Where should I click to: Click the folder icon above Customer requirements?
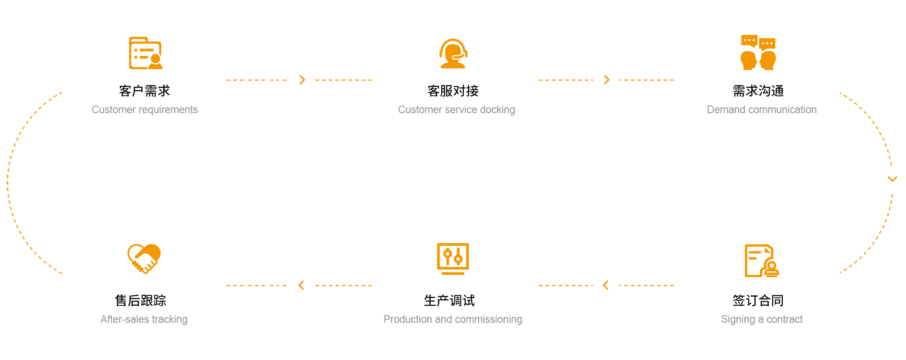click(x=145, y=53)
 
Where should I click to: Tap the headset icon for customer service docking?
click(x=453, y=53)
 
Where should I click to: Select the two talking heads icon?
click(x=758, y=53)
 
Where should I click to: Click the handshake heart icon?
click(x=144, y=259)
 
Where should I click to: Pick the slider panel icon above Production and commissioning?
click(x=453, y=259)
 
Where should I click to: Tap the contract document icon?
click(x=761, y=260)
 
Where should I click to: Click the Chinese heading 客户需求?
click(x=145, y=91)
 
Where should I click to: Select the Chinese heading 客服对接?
click(x=453, y=91)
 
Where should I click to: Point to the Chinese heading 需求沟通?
click(x=758, y=91)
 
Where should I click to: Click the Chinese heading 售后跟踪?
click(x=141, y=301)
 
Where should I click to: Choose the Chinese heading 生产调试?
click(x=449, y=301)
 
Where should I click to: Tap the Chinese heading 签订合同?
click(x=758, y=301)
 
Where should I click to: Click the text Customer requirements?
click(x=145, y=110)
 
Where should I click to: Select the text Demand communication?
click(x=761, y=110)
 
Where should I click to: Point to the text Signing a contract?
click(x=761, y=319)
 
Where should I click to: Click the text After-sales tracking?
click(x=144, y=319)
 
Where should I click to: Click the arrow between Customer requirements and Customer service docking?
click(x=302, y=80)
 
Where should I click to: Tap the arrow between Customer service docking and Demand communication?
click(x=607, y=80)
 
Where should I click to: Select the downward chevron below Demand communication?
click(x=892, y=179)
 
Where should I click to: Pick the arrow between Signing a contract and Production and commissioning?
click(x=606, y=285)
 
